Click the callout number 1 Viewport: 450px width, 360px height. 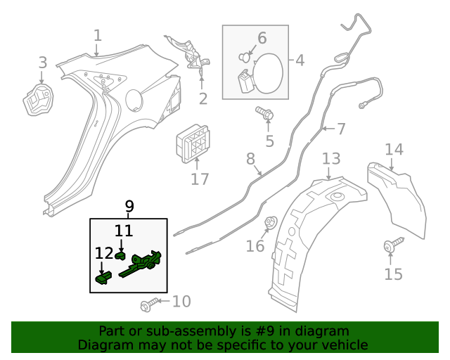(98, 35)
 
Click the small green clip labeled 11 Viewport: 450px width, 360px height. (121, 255)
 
